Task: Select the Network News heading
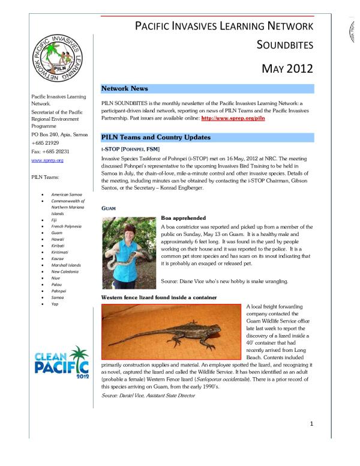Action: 124,88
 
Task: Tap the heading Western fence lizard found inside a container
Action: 159,298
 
